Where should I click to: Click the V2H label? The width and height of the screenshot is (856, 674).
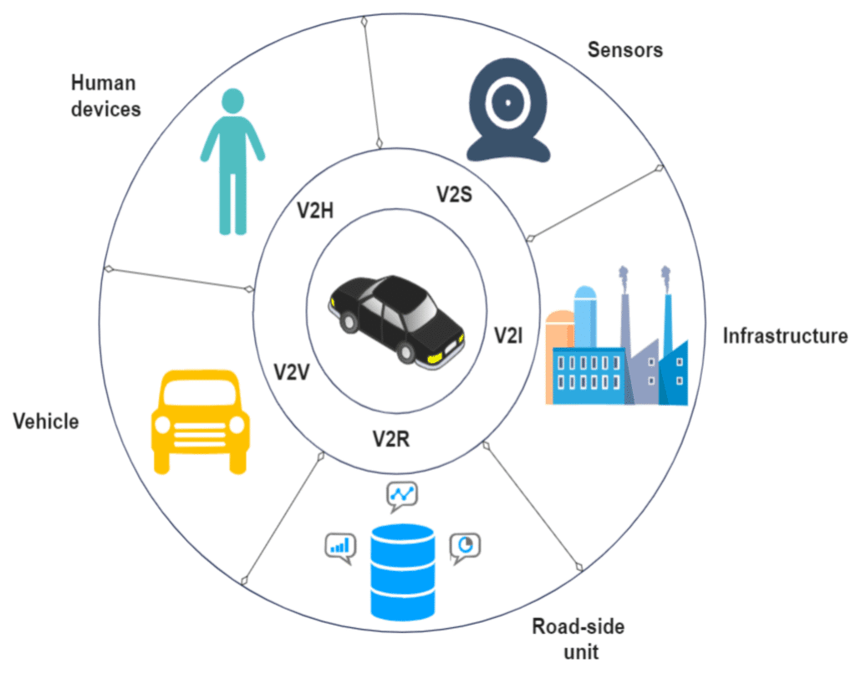click(x=316, y=211)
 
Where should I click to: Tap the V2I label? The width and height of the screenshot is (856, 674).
click(x=508, y=336)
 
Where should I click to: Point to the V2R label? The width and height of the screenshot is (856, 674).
click(x=391, y=437)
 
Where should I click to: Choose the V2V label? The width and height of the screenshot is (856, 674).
click(x=292, y=371)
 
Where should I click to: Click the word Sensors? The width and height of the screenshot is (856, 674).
click(x=624, y=49)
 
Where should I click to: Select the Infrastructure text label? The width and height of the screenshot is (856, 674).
click(x=785, y=336)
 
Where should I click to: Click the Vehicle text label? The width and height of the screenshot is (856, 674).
click(x=46, y=421)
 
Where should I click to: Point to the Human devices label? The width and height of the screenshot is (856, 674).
click(x=105, y=96)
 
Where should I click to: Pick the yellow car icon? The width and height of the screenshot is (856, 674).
click(x=201, y=421)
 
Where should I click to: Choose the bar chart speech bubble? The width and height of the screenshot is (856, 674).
click(x=340, y=547)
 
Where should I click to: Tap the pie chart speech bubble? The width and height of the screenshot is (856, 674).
click(x=466, y=546)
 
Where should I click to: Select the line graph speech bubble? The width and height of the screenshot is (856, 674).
click(x=402, y=496)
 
